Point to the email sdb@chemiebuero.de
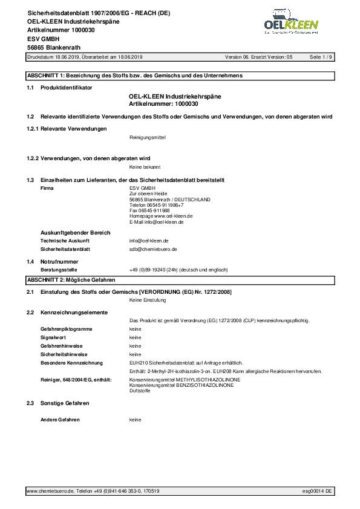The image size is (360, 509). pyautogui.click(x=153, y=248)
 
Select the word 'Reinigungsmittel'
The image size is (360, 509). pyautogui.click(x=148, y=137)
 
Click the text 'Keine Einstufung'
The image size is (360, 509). pyautogui.click(x=148, y=300)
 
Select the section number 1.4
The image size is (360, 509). pyautogui.click(x=30, y=261)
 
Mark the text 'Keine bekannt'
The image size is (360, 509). pyautogui.click(x=145, y=166)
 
